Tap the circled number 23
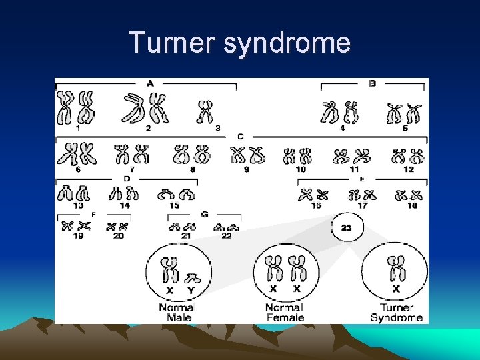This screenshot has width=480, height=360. coord(347,228)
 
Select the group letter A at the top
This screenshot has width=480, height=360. coord(150,83)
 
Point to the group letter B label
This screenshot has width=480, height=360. coord(372,83)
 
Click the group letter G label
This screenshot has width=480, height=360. coord(204,214)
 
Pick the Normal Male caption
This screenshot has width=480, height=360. coord(177,313)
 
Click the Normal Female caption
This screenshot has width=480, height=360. coord(285,313)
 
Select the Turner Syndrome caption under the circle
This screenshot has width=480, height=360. coord(397,313)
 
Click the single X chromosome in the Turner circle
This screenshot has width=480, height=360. coord(397,269)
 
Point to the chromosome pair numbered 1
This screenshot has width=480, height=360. coord(76,107)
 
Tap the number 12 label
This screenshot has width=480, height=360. coord(408,170)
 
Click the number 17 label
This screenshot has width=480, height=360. coord(362,205)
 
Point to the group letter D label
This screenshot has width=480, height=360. coord(127,179)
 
